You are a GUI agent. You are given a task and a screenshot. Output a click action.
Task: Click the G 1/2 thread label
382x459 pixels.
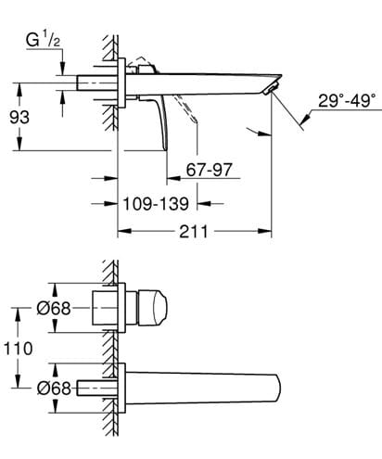click(x=43, y=41)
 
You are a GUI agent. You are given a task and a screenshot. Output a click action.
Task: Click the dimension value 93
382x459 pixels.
click(x=19, y=117)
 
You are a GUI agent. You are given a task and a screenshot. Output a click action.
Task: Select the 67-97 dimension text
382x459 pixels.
click(x=209, y=170)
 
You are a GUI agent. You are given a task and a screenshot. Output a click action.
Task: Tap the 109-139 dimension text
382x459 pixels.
click(x=156, y=204)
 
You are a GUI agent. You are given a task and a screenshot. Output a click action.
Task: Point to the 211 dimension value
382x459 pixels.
click(x=194, y=231)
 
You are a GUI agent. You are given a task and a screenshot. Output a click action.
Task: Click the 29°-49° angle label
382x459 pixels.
click(x=347, y=101)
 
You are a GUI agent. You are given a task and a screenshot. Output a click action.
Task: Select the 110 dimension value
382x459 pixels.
click(x=18, y=349)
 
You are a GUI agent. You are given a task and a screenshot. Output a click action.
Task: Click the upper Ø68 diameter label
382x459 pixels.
click(x=54, y=308)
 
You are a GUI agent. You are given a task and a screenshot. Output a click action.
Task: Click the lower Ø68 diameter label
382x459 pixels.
click(x=54, y=388)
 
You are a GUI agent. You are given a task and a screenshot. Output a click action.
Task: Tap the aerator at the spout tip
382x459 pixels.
click(x=272, y=88)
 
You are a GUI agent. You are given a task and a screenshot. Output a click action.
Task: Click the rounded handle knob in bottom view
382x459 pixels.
click(x=152, y=308)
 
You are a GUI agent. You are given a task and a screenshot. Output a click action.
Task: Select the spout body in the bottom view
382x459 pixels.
click(x=202, y=389)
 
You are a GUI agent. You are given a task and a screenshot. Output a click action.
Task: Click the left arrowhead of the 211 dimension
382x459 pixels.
click(x=125, y=231)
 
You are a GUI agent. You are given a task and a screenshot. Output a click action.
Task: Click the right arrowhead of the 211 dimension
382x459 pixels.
click(x=265, y=231)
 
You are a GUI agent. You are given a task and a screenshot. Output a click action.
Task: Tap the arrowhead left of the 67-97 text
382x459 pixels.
click(x=173, y=178)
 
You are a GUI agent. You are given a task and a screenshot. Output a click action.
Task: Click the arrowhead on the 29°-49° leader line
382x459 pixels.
click(x=305, y=119)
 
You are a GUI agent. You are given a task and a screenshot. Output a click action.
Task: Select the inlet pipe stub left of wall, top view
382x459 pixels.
click(x=96, y=83)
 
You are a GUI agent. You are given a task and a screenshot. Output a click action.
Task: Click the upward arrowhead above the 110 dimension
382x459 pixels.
click(x=18, y=314)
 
